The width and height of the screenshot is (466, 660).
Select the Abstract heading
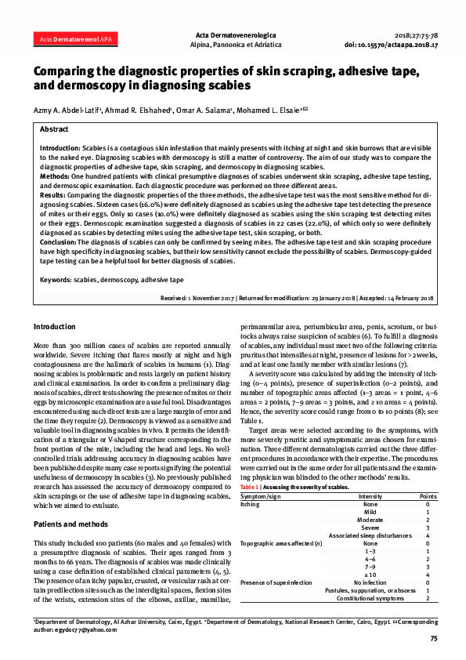[x=53, y=129]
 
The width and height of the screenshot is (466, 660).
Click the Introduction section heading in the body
[x=55, y=326]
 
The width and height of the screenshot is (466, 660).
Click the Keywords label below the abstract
[x=55, y=279]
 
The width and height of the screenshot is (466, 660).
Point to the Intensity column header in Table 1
[x=370, y=497]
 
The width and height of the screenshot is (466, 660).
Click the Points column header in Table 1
[x=428, y=497]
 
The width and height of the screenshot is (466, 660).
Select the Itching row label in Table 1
[x=249, y=505]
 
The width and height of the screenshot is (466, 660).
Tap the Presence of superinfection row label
[x=276, y=582]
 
